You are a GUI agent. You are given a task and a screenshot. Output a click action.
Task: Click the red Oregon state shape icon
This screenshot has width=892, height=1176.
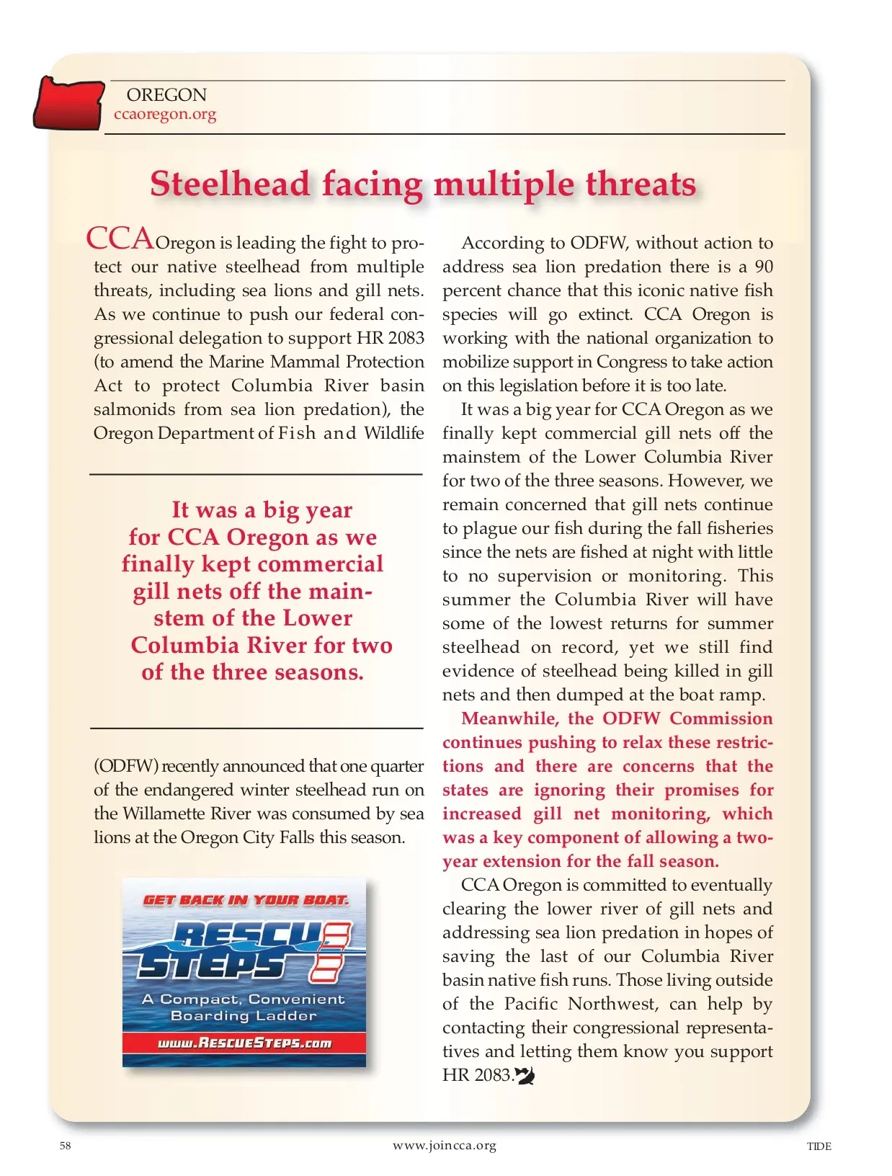[68, 104]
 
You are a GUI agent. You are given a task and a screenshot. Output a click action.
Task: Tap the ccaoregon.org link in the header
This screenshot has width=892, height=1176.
[165, 114]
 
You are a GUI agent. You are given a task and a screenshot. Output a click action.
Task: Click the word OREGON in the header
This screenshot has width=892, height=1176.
[166, 95]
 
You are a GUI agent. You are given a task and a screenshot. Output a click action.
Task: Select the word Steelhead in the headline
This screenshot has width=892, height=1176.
[230, 184]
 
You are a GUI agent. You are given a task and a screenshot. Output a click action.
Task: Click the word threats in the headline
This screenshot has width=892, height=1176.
[641, 184]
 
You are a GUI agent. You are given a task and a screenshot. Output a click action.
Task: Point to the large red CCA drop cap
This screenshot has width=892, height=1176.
[120, 238]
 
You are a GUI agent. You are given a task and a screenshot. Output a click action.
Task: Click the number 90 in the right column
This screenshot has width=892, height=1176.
[763, 267]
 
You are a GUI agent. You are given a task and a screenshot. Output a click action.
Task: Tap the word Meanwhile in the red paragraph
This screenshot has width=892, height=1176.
[509, 718]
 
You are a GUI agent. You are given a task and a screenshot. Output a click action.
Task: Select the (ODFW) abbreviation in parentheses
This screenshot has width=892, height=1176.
[125, 765]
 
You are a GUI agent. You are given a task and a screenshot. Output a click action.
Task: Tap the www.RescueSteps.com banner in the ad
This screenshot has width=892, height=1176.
[244, 1043]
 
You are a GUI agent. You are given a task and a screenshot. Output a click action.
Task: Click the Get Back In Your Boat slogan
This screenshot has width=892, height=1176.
[245, 900]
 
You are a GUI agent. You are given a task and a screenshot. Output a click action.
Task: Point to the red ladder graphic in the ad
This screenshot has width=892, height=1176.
[330, 953]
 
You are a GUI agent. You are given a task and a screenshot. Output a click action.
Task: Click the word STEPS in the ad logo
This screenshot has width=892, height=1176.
[213, 965]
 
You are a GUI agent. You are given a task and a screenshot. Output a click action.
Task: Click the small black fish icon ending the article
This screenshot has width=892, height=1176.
[525, 1076]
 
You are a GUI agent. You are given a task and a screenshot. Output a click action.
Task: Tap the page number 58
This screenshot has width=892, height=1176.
[66, 1146]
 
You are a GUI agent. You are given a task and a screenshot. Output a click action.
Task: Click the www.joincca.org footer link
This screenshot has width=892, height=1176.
[445, 1145]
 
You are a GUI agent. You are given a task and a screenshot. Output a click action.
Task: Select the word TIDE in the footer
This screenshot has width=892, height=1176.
[819, 1146]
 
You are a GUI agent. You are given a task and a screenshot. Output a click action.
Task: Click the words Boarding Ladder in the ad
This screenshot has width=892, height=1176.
[244, 1015]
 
